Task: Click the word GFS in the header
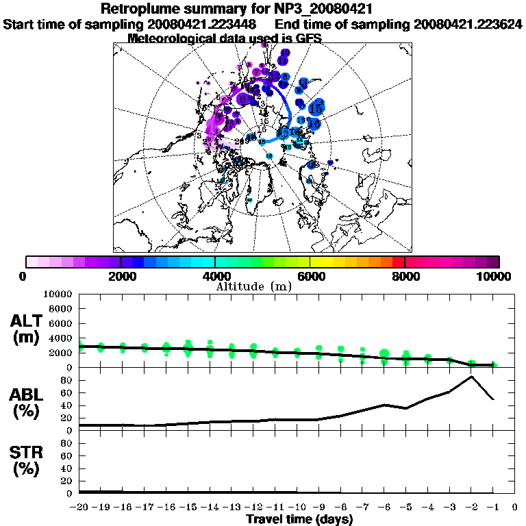pyautogui.click(x=308, y=38)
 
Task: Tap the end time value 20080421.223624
pyautogui.click(x=468, y=25)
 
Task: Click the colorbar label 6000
pyautogui.click(x=310, y=276)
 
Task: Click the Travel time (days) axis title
pyautogui.click(x=299, y=520)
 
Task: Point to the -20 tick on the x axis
pyautogui.click(x=80, y=508)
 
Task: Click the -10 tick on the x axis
pyautogui.click(x=297, y=508)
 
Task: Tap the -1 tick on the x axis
pyautogui.click(x=493, y=508)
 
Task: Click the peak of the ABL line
pyautogui.click(x=471, y=376)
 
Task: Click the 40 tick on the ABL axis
pyautogui.click(x=68, y=405)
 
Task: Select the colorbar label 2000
pyautogui.click(x=121, y=276)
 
